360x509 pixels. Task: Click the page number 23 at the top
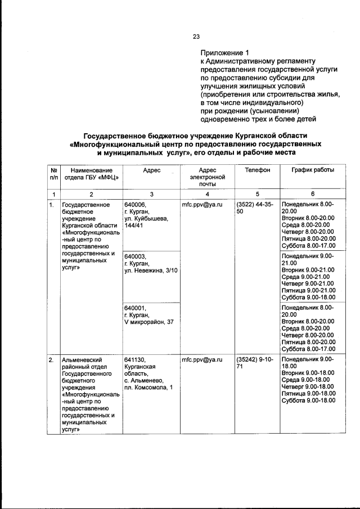click(x=196, y=37)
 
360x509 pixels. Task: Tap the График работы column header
click(x=312, y=170)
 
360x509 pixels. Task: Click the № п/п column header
click(x=53, y=173)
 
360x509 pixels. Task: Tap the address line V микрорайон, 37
click(x=149, y=322)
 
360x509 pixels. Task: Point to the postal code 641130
click(x=135, y=358)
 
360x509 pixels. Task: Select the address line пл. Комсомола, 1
click(x=148, y=388)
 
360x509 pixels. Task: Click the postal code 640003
click(x=135, y=256)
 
